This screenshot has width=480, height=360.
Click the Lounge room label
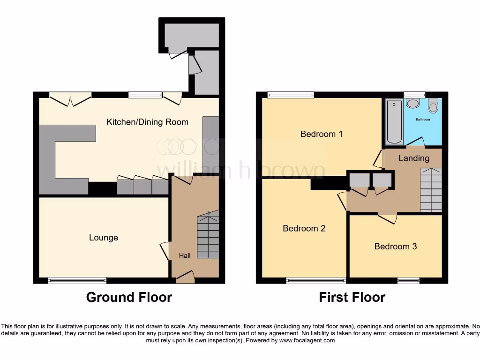coord(104,238)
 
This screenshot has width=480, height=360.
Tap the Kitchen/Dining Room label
coord(147,122)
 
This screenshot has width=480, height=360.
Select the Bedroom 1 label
coord(321,134)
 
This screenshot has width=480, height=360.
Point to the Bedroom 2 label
coord(304,228)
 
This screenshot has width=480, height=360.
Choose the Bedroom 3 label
coord(395,246)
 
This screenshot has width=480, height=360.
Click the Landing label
coord(413,158)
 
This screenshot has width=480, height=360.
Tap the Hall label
coord(185,256)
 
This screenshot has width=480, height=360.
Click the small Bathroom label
coord(423,120)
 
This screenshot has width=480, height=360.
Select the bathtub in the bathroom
coord(394,122)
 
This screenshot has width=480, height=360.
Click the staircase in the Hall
coord(208,237)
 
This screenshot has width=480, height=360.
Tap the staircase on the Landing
coord(431,190)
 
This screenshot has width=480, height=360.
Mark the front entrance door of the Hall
coord(185,277)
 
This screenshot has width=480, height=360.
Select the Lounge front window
coord(77,280)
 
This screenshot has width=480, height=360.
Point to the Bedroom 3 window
coord(408,280)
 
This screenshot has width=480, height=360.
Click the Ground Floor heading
coord(129,297)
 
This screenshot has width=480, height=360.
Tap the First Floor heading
coord(352,297)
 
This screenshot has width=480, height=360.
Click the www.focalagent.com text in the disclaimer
coord(307,341)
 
